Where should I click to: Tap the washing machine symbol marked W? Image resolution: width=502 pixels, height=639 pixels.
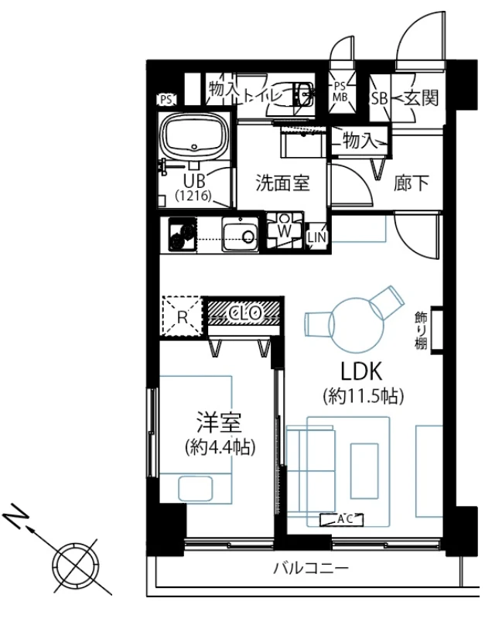coord(285,231)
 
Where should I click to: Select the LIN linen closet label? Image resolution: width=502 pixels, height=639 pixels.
coord(316,237)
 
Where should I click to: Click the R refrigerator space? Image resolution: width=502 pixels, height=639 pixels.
coord(182,316)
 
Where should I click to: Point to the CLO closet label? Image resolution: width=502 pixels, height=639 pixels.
coord(244,313)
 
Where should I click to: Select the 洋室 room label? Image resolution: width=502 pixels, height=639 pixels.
coord(219,422)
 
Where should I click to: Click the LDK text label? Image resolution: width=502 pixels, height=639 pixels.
coord(361,371)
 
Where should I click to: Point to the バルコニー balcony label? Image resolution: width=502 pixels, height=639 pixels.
coord(310,568)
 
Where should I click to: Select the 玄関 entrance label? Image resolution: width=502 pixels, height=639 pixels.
coord(422,97)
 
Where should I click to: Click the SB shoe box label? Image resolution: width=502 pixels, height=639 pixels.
coord(379,98)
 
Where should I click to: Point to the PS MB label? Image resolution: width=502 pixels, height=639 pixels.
coord(340,92)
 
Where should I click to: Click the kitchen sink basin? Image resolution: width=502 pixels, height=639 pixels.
coord(240,234)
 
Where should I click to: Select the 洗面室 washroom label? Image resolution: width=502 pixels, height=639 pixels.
coord(283,183)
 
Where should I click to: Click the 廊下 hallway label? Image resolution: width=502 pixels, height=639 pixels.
coord(412,183)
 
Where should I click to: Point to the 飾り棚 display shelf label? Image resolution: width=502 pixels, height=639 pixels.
coord(422,330)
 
